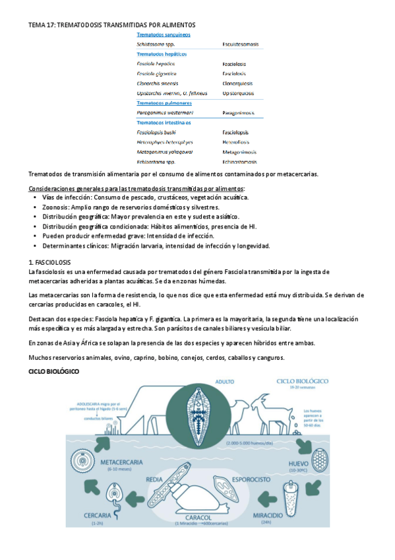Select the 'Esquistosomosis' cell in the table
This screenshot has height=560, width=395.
click(240, 44)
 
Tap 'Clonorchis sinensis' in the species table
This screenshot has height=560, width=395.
click(156, 83)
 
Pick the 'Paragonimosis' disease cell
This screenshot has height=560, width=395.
click(238, 113)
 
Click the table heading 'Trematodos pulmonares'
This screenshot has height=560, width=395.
click(164, 103)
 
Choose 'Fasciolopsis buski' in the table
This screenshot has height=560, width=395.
click(154, 132)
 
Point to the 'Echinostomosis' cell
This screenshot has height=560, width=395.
click(240, 161)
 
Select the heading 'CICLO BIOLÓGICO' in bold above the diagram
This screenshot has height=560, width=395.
click(53, 372)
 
